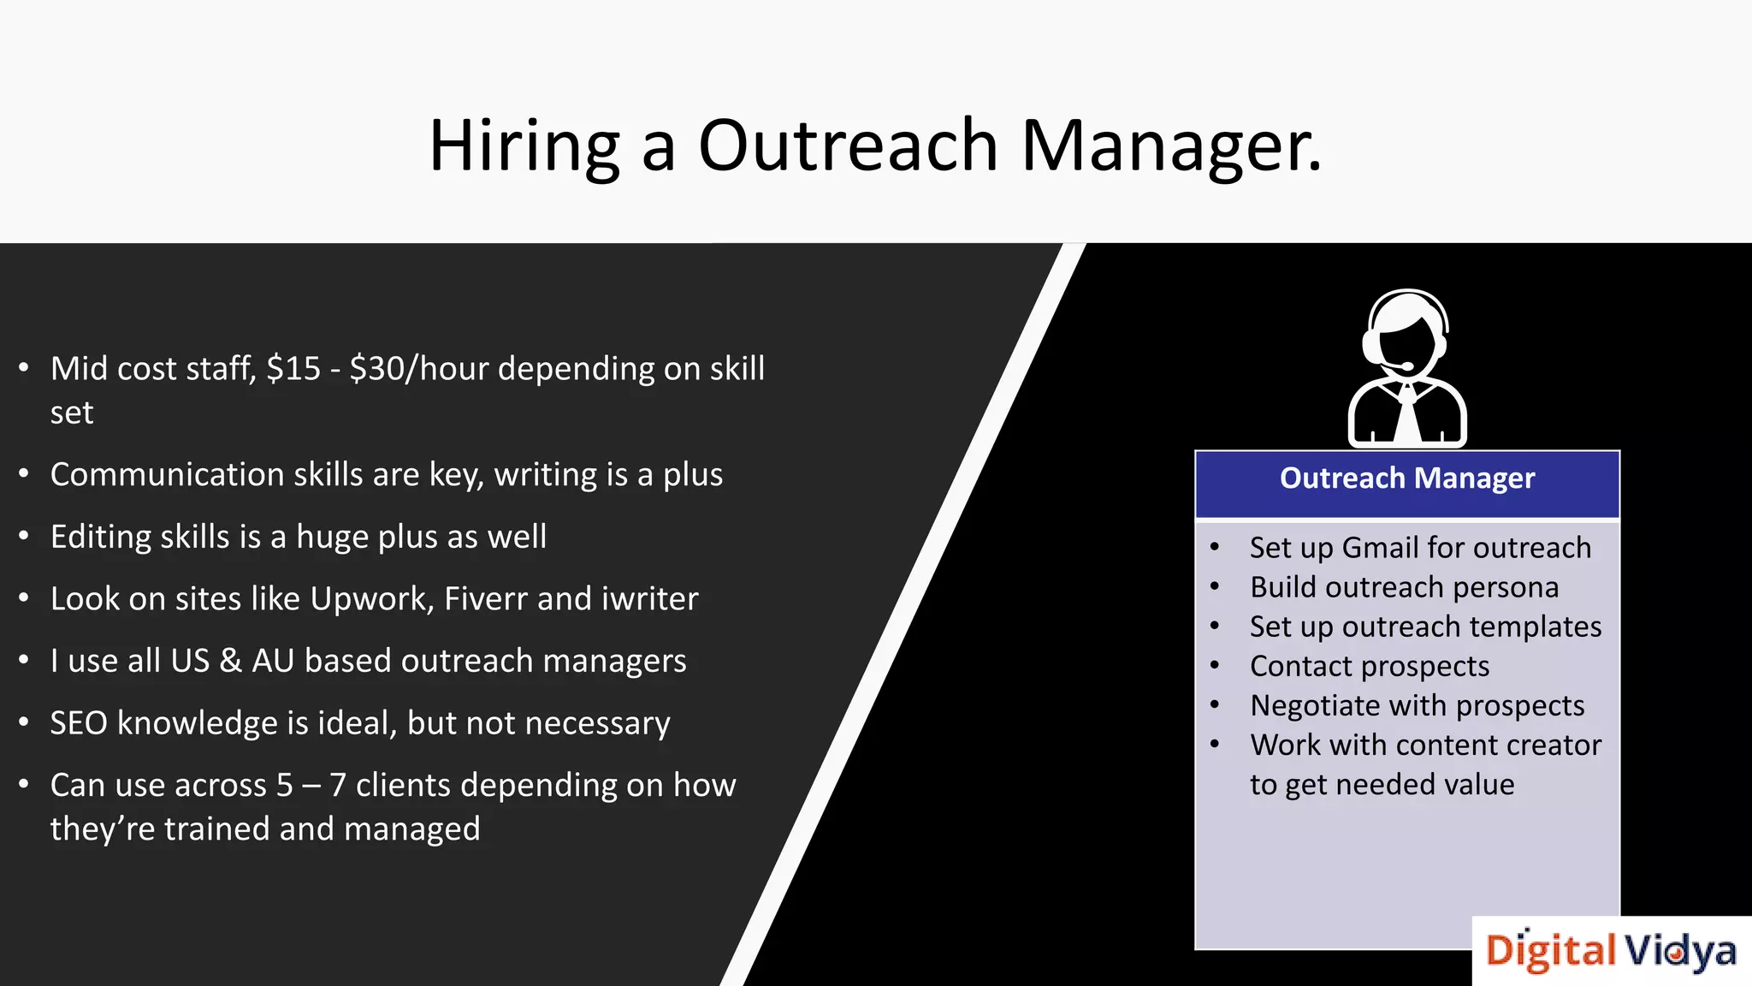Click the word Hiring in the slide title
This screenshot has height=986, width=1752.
tap(524, 147)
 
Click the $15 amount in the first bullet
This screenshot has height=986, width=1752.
tap(293, 369)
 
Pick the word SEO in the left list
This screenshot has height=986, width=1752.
tap(78, 723)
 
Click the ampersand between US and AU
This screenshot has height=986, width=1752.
tap(230, 662)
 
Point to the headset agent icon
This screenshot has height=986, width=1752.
tap(1407, 368)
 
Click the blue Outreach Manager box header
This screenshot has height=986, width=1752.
tap(1407, 479)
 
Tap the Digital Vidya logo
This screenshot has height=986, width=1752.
tap(1611, 951)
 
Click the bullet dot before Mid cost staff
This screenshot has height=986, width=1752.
tap(24, 369)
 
